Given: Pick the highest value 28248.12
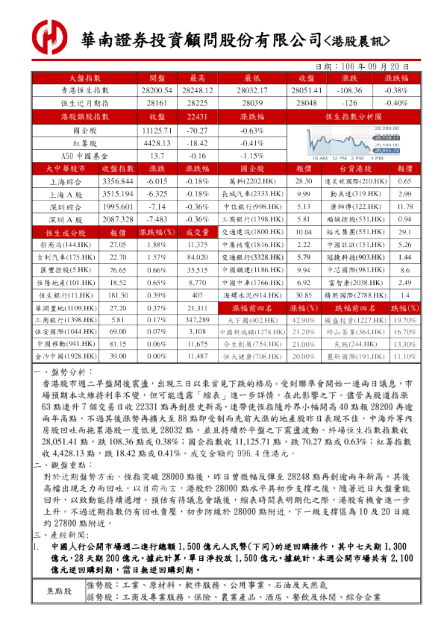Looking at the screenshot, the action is tap(197, 90).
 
